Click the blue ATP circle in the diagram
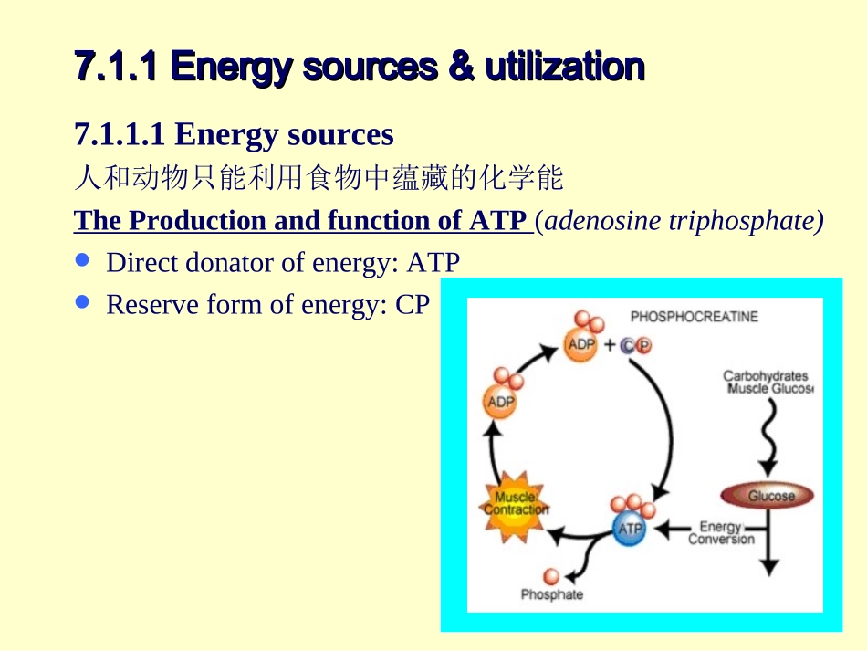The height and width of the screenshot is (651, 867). (x=630, y=529)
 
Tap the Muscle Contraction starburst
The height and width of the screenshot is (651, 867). (x=516, y=504)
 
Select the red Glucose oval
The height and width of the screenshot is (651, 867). (x=770, y=496)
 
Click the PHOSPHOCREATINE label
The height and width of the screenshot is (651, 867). (x=694, y=317)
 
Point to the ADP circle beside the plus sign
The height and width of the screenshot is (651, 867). (x=580, y=344)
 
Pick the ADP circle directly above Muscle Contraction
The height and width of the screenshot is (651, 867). (x=501, y=402)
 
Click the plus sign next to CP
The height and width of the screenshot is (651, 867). (x=609, y=345)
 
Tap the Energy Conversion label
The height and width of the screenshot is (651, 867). (x=721, y=532)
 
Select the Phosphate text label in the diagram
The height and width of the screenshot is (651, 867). (x=551, y=595)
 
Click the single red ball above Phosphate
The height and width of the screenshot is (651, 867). (x=551, y=575)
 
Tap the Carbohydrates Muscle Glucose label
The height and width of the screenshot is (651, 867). (x=767, y=383)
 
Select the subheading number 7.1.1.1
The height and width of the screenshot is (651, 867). (x=120, y=134)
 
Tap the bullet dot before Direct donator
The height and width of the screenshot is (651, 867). (x=83, y=260)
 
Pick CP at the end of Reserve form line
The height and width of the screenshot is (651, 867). (x=412, y=305)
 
